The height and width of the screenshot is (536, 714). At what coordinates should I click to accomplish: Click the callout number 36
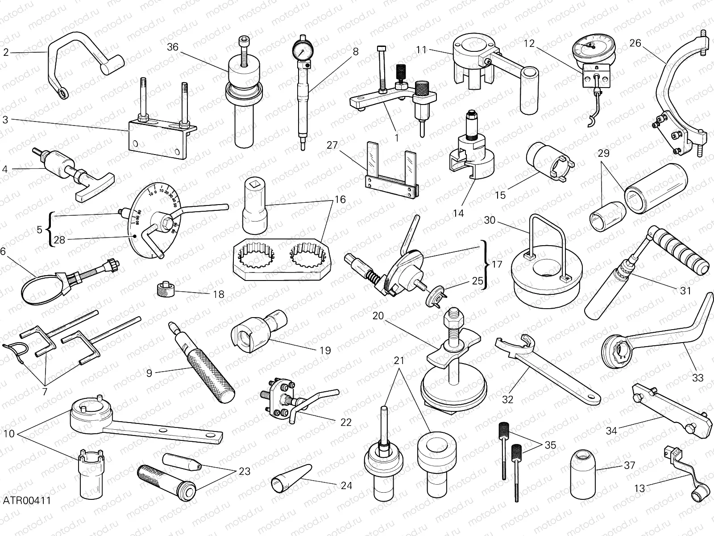(173, 47)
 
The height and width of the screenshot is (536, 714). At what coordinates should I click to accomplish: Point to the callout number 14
(458, 213)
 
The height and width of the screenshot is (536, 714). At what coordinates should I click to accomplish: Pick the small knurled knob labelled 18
(166, 290)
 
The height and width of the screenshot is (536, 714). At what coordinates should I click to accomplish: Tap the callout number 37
(629, 465)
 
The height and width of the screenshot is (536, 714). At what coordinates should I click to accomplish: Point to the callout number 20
(378, 316)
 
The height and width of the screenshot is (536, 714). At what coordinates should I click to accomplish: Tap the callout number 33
(697, 378)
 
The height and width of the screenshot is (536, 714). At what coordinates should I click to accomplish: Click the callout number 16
(340, 199)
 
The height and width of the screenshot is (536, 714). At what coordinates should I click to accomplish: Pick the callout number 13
(639, 489)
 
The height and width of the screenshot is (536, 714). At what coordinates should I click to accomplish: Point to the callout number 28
(59, 240)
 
